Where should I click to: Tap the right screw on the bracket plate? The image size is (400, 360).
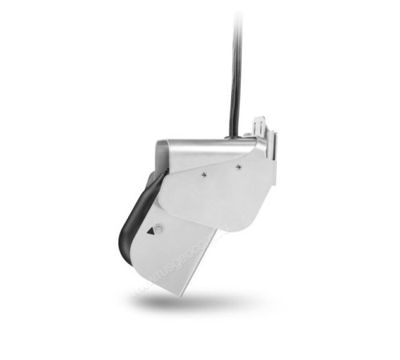point(238,167)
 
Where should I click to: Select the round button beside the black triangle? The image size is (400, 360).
point(158,229)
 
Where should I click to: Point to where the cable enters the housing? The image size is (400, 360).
point(233,137)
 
